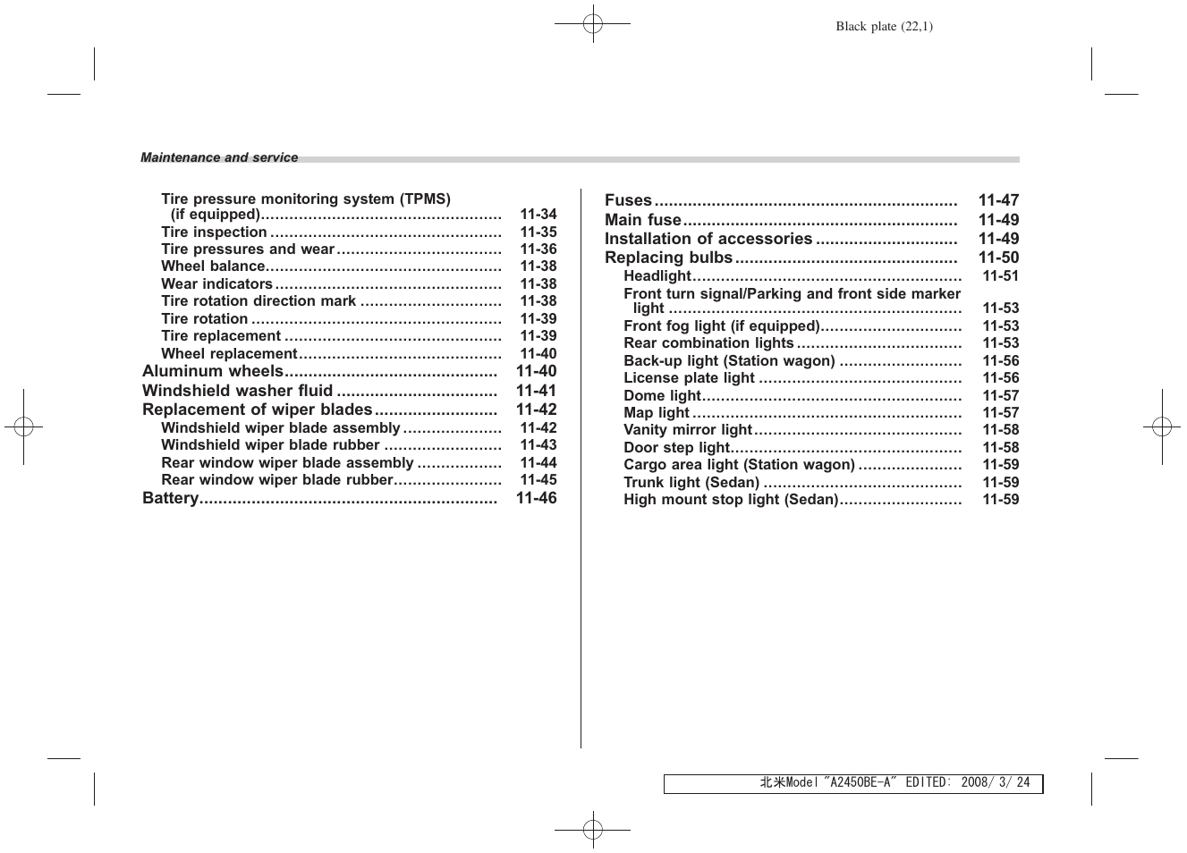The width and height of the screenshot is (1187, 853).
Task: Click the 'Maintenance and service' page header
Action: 219,158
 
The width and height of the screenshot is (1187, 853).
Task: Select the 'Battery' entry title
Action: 170,498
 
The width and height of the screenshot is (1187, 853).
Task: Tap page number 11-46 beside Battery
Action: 536,498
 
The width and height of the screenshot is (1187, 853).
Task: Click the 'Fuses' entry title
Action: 628,200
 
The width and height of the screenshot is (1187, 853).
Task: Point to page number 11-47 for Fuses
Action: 998,200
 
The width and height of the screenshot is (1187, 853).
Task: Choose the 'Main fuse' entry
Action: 642,220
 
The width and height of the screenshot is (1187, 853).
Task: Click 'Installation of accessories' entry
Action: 708,239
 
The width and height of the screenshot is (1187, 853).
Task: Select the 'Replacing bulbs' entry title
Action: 668,258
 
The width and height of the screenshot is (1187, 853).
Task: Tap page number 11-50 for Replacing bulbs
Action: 998,258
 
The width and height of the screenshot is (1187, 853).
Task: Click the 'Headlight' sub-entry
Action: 657,276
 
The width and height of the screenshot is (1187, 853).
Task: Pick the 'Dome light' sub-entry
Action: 662,395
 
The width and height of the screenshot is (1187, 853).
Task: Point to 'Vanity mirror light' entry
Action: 687,430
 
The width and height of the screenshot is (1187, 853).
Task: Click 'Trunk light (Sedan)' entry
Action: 691,482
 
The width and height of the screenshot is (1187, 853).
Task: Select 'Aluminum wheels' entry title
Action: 212,371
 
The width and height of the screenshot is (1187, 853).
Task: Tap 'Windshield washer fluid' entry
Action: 237,391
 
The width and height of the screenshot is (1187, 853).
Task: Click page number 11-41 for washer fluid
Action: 536,391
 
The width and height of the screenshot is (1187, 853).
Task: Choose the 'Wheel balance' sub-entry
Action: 213,266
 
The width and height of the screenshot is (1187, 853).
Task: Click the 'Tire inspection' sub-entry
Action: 214,232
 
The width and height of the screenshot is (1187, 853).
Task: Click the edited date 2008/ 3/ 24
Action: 995,782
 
